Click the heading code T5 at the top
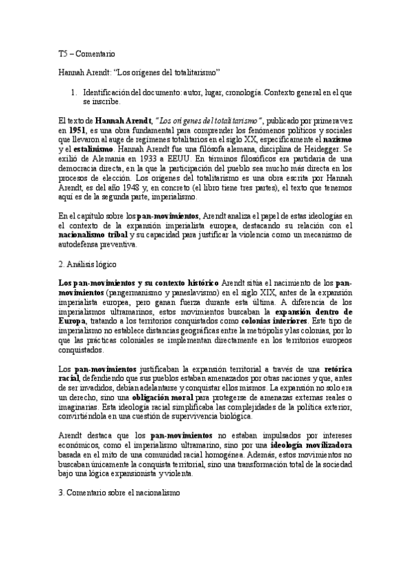[x=62, y=53]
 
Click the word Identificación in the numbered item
[x=113, y=91]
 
